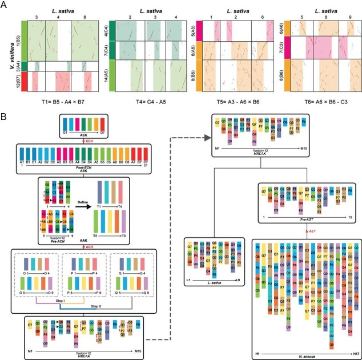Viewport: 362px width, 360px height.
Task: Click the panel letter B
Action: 5,117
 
